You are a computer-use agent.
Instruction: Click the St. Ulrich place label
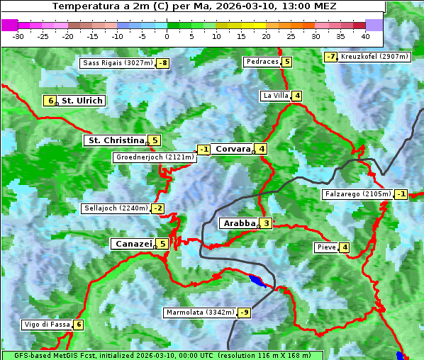(x=82, y=101)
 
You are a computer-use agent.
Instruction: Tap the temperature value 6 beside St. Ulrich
(x=50, y=101)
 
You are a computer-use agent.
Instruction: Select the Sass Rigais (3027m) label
(x=118, y=63)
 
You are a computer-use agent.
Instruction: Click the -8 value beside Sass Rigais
(x=163, y=63)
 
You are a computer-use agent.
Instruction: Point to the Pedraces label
(x=262, y=62)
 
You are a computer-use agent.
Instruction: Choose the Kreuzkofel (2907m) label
(x=374, y=56)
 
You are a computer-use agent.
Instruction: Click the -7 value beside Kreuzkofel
(x=330, y=57)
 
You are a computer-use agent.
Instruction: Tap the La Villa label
(x=276, y=96)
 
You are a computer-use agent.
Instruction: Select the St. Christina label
(x=116, y=140)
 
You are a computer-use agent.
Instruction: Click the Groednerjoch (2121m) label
(x=155, y=157)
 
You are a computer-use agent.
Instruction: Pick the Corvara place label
(x=233, y=149)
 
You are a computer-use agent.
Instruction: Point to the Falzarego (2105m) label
(x=357, y=193)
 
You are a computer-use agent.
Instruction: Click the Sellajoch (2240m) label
(x=116, y=208)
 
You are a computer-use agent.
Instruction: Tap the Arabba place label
(x=239, y=223)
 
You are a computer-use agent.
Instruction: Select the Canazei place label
(x=133, y=244)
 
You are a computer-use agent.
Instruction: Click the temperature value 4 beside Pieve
(x=344, y=247)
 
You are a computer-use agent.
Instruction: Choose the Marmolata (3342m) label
(x=199, y=312)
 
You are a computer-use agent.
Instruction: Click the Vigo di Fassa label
(x=47, y=325)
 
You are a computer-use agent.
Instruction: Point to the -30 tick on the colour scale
(x=18, y=36)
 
